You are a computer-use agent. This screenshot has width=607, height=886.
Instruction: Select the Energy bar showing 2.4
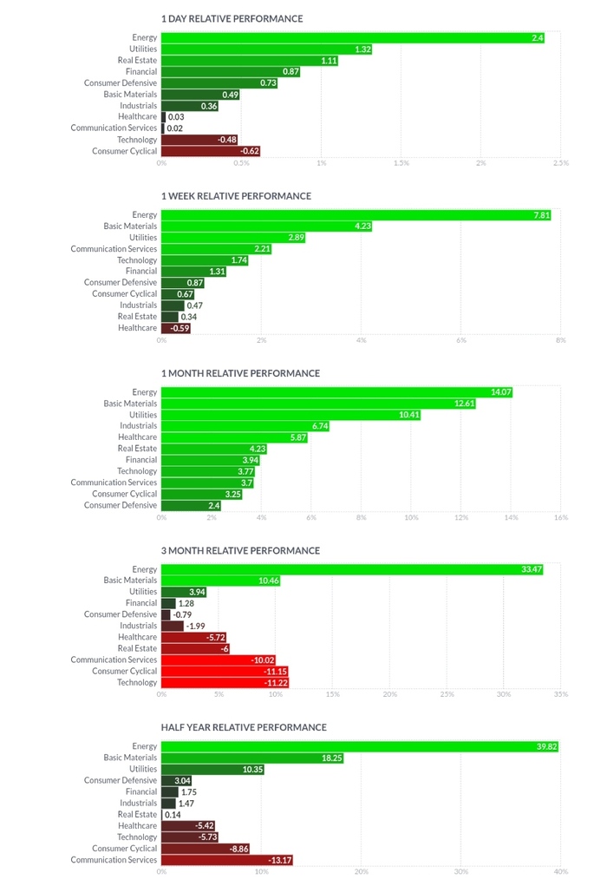(x=352, y=38)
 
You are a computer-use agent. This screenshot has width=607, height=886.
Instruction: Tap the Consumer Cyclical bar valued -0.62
(x=211, y=151)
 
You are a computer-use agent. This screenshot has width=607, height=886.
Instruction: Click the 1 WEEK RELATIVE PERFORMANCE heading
(x=236, y=196)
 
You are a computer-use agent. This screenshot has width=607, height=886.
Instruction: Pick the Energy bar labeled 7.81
(x=356, y=215)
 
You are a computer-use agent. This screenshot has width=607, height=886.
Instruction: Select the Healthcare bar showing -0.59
(x=176, y=328)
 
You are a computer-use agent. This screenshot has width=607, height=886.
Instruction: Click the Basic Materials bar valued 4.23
(x=267, y=226)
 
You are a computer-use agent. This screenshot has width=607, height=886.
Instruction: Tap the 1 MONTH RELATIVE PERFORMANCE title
(x=240, y=373)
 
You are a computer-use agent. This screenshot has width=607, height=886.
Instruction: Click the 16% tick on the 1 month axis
(x=560, y=518)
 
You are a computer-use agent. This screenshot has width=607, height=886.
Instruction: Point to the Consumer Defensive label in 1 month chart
(x=121, y=505)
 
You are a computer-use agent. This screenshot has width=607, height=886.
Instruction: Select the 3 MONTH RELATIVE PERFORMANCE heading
(x=240, y=550)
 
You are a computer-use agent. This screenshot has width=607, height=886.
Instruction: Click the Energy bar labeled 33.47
(x=352, y=569)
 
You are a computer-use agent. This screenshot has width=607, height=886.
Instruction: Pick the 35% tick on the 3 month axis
(x=560, y=695)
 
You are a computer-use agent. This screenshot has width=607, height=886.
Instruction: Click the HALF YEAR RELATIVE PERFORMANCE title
(x=244, y=727)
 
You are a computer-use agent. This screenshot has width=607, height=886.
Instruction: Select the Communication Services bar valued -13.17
(x=227, y=860)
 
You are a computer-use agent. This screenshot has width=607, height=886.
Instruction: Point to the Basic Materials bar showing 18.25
(x=252, y=758)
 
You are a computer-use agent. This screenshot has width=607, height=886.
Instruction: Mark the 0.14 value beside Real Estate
(x=172, y=815)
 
